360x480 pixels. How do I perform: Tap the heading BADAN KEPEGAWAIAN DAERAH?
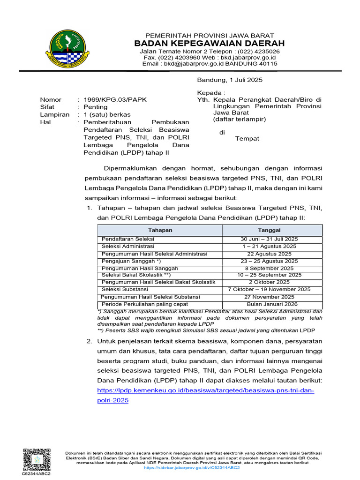click(210, 44)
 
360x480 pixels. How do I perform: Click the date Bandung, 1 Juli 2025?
click(230, 80)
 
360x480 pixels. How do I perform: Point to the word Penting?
click(95, 107)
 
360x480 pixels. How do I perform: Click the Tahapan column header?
click(160, 230)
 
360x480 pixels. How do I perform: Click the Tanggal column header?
click(269, 230)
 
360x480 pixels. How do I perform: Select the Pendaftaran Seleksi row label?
click(128, 239)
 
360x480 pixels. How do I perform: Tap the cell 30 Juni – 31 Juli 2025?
click(269, 239)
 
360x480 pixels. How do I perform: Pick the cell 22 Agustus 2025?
click(269, 254)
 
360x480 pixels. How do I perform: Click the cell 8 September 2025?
click(269, 268)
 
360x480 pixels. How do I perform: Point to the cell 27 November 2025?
click(269, 297)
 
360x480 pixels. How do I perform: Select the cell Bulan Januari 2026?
click(269, 304)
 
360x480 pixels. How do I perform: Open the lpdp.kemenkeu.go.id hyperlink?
click(205, 391)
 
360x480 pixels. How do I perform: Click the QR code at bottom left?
click(36, 459)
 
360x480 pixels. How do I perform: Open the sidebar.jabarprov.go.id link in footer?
click(192, 468)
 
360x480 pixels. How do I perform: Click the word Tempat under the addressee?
click(247, 138)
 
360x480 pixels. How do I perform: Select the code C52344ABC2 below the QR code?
click(36, 474)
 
